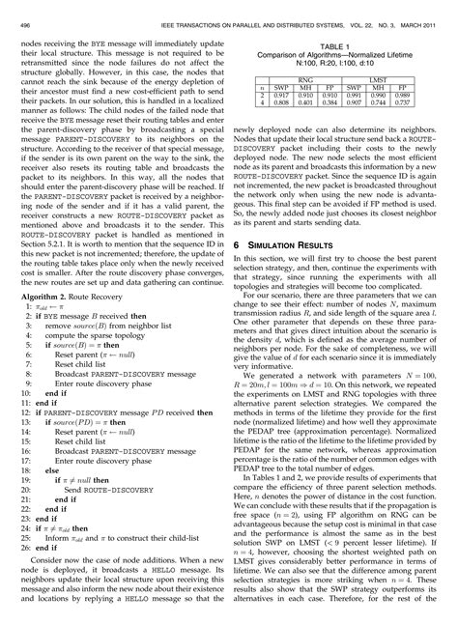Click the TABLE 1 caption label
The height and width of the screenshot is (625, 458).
[x=334, y=44]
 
